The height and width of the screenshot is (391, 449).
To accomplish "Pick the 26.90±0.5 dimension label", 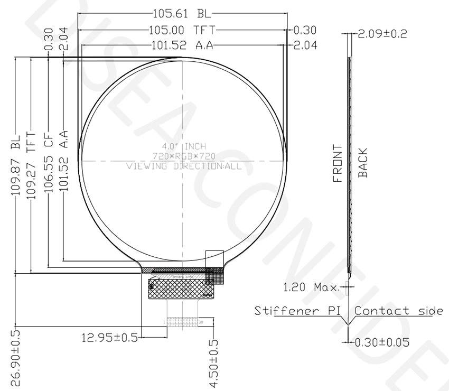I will [x=15, y=358].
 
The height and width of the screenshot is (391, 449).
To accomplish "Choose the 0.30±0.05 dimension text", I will [x=382, y=342].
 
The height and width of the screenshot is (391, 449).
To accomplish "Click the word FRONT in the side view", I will [x=338, y=163].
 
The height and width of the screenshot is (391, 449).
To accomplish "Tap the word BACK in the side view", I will [x=363, y=163].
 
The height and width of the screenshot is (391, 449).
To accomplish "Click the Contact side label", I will [x=399, y=310].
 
